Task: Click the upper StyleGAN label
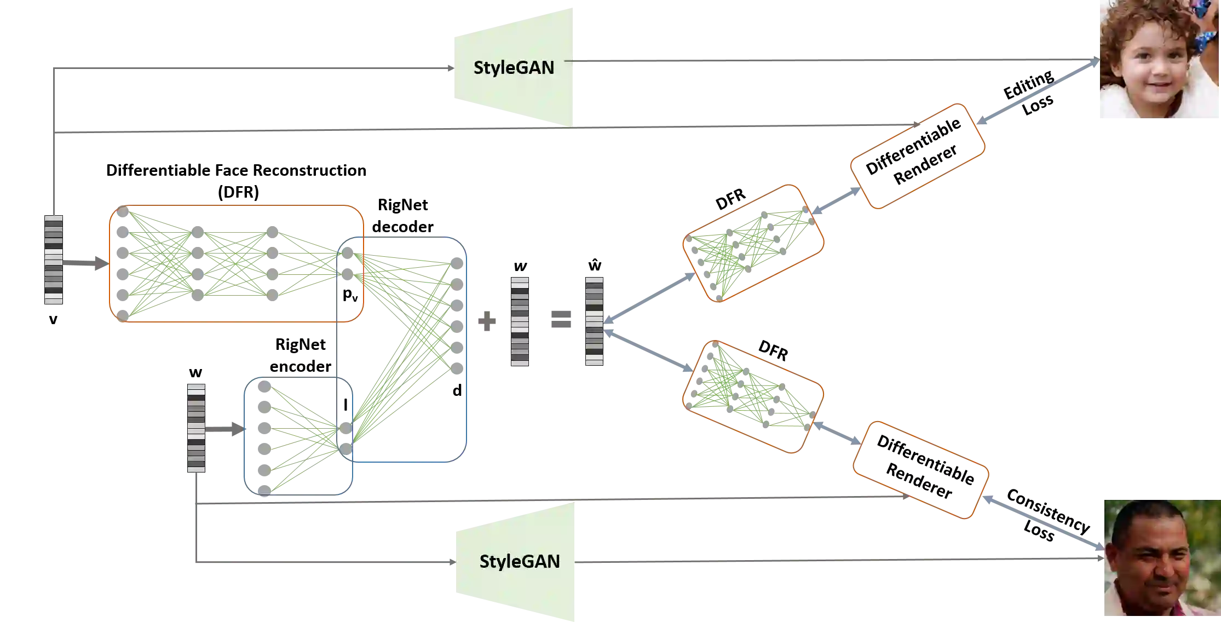[514, 68]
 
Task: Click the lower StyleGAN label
[520, 562]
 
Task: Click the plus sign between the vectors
[487, 321]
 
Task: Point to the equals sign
[561, 318]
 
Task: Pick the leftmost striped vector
[54, 260]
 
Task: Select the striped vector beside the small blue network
[196, 427]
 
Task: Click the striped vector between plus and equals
[519, 321]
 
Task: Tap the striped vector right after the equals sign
[594, 321]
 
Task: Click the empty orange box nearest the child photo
[918, 155]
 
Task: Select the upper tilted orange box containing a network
[753, 244]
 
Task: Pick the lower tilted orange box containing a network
[753, 397]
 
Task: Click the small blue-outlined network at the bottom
[298, 437]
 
